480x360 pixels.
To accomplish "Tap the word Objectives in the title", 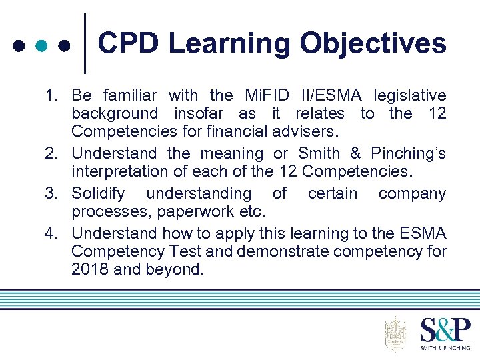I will tap(373, 44).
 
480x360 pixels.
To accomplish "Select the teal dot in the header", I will tap(41, 46).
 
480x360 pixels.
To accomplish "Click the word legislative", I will tap(409, 95).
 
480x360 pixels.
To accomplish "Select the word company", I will tap(412, 194).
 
